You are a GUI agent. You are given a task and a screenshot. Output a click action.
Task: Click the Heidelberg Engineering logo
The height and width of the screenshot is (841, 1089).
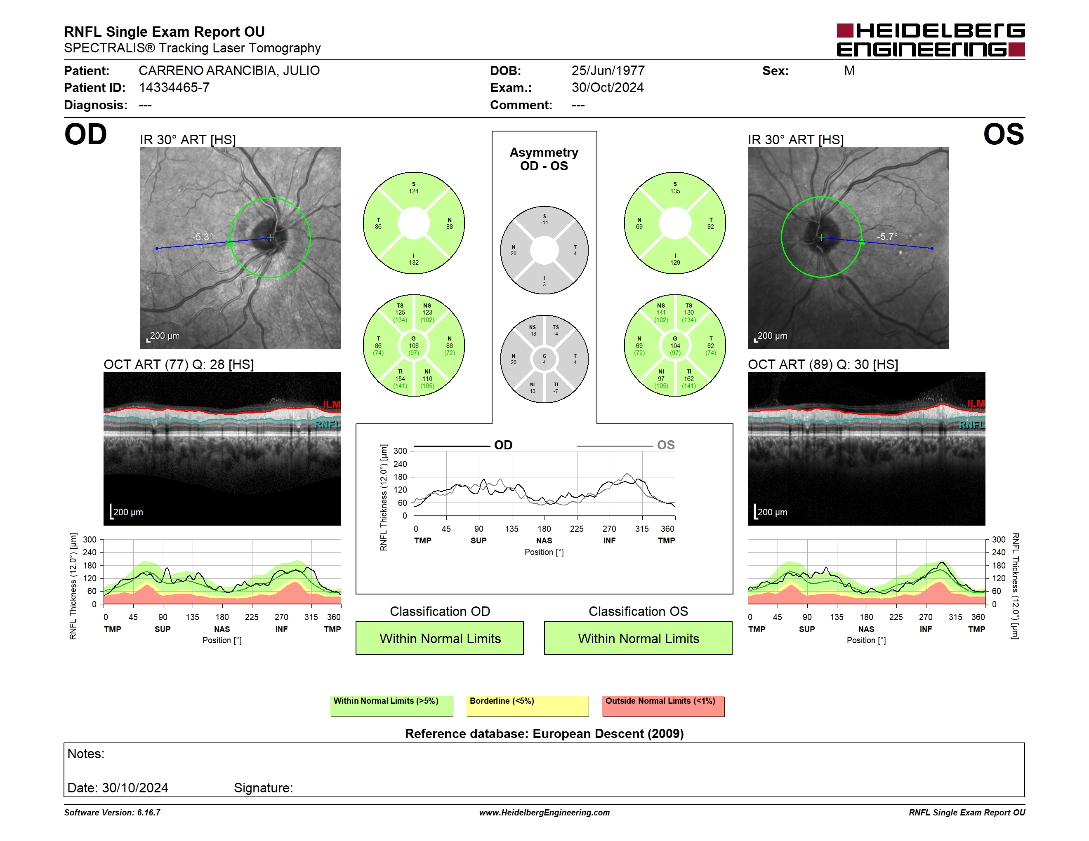(x=931, y=40)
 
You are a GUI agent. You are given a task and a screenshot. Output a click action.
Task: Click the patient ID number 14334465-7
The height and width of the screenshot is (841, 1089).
(x=174, y=88)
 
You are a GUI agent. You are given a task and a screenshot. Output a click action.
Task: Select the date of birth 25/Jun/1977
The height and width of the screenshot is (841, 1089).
(x=608, y=71)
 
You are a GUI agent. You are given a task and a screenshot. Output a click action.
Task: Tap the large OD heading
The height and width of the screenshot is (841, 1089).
(x=85, y=134)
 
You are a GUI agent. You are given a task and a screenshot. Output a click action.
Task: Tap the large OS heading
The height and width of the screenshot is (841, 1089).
(x=1003, y=134)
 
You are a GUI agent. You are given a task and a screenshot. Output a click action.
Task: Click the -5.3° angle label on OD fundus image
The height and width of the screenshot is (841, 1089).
(x=203, y=237)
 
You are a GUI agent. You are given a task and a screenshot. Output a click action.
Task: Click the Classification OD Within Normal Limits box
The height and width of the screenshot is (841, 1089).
(x=440, y=638)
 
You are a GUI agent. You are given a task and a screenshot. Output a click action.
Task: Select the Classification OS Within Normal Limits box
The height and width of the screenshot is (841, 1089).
(x=638, y=638)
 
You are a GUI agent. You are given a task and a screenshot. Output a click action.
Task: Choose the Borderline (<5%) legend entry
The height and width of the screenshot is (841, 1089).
(x=528, y=706)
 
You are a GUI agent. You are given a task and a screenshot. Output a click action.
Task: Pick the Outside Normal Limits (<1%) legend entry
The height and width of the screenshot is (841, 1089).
(x=663, y=706)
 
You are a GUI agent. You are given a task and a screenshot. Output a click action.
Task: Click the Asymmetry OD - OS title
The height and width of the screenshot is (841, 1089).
(x=544, y=159)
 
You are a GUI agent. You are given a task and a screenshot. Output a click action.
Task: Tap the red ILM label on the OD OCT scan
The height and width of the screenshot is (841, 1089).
(x=332, y=404)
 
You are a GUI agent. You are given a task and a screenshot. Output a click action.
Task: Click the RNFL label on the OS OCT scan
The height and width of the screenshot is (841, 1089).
(x=972, y=425)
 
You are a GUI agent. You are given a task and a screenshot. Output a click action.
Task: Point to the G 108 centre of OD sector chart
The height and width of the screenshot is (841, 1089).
(x=414, y=345)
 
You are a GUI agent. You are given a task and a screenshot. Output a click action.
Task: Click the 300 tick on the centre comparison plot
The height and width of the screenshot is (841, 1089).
(x=401, y=451)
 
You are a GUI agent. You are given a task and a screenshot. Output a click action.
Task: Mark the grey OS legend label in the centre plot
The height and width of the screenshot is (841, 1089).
(x=666, y=445)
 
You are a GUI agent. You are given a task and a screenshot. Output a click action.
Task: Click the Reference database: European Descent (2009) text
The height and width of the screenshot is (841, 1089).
(x=544, y=733)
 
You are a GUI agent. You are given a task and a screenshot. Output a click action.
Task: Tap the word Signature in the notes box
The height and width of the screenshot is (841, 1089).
(x=263, y=788)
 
